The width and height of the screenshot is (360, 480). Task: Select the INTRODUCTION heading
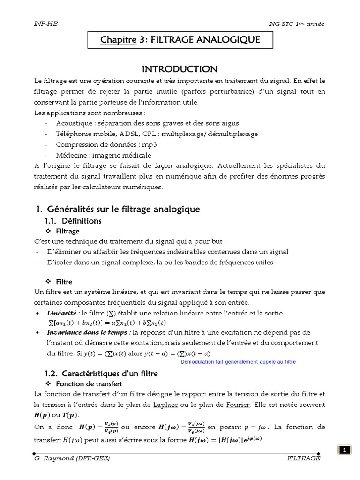tap(180, 69)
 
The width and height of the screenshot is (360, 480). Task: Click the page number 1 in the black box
tap(345, 450)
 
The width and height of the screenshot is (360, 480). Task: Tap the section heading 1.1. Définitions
tap(73, 220)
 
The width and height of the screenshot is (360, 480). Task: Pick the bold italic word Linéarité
tap(63, 313)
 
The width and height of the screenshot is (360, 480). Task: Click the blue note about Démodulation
tap(238, 362)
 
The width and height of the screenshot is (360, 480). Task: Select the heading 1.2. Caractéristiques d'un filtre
tap(101, 374)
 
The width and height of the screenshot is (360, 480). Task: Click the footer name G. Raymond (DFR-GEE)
tap(72, 458)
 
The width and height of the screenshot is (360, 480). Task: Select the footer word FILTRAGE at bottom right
tap(303, 458)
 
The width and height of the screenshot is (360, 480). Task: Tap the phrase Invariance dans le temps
tap(88, 332)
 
